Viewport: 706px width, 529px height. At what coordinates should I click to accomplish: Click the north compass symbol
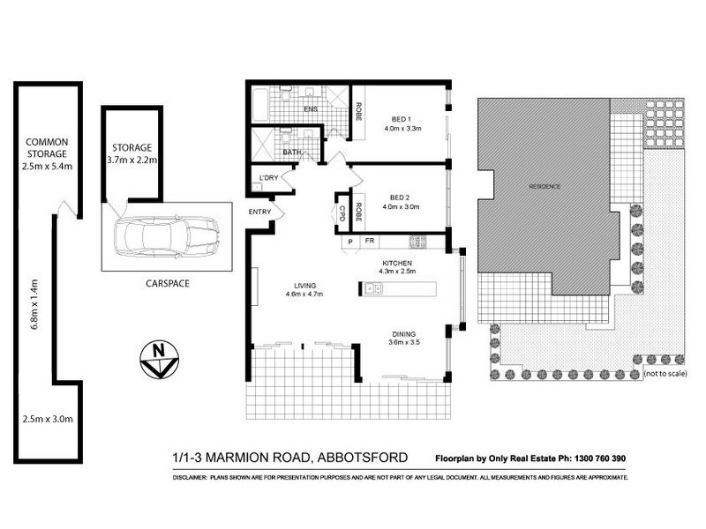tap(159, 358)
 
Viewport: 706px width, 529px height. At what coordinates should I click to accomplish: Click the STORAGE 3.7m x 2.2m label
tap(131, 153)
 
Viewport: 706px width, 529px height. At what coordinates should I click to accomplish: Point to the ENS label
tap(310, 109)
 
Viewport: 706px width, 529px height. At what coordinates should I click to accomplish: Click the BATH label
tap(291, 153)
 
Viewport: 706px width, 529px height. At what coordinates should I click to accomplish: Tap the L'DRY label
tap(268, 180)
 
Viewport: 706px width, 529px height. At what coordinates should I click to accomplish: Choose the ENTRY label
tap(260, 211)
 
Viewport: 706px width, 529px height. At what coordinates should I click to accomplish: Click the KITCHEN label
tap(397, 264)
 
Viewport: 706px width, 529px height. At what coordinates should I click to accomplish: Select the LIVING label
tap(307, 284)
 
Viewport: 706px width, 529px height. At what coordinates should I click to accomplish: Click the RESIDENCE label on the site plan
tap(545, 187)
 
